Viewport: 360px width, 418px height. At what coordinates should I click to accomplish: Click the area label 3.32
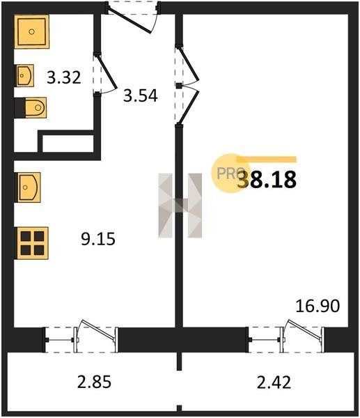(64, 77)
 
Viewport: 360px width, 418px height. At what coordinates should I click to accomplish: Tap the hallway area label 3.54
(141, 95)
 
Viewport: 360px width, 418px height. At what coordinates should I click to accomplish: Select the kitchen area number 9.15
(98, 238)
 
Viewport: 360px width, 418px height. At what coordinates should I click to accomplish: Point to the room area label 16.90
(318, 306)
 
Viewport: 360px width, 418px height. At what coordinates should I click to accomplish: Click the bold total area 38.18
(267, 180)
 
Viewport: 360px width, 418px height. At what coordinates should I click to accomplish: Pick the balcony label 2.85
(94, 382)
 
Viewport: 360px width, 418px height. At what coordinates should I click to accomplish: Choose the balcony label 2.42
(274, 382)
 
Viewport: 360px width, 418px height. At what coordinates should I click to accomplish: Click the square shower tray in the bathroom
(32, 32)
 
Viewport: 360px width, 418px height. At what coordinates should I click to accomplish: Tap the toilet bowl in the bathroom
(36, 108)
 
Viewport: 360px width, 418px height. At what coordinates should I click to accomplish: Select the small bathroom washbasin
(25, 75)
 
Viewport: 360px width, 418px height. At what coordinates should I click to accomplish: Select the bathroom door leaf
(107, 72)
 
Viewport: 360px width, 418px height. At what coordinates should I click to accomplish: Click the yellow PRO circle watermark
(228, 173)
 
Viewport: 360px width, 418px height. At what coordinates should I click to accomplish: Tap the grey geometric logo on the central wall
(180, 206)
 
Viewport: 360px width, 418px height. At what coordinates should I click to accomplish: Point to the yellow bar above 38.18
(267, 160)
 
